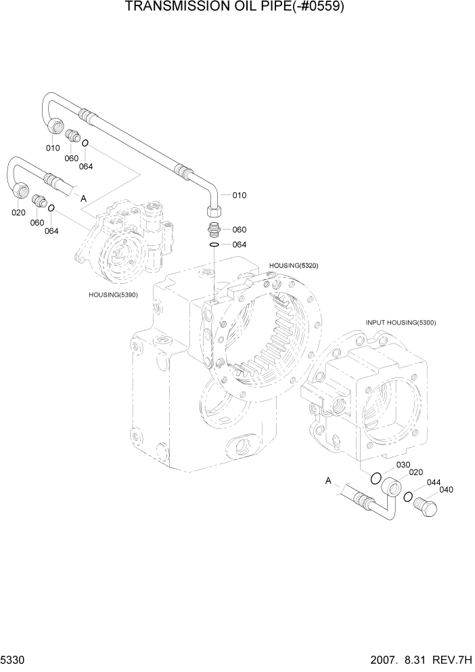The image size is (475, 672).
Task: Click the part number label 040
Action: (447, 490)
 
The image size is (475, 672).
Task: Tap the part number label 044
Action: (433, 482)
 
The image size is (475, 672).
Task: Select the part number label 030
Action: (403, 465)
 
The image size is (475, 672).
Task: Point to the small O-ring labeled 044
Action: (408, 498)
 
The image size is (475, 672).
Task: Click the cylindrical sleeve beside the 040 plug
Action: (390, 488)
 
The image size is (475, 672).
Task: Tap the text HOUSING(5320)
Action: (293, 265)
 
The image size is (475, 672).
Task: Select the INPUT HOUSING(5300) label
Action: (401, 322)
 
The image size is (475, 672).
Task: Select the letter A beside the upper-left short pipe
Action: (84, 198)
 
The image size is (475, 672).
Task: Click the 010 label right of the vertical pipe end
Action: (239, 195)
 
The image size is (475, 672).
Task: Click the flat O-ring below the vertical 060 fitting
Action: (213, 245)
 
